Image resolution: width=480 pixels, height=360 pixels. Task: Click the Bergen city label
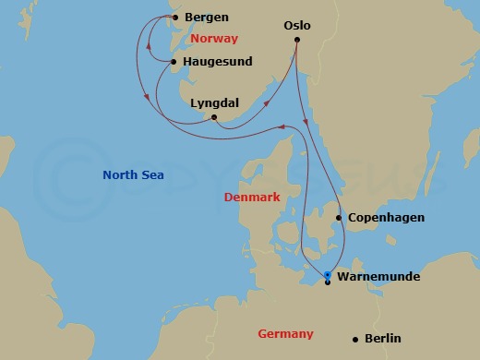point(207,18)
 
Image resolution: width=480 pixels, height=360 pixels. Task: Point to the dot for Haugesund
point(173,63)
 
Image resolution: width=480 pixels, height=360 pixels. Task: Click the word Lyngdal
point(214,104)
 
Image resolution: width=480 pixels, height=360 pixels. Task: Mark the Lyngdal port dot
point(214,117)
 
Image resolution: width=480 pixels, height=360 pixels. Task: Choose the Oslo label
point(296,27)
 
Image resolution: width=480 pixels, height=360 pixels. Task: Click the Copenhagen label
point(386,218)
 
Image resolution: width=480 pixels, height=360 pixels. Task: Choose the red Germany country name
point(285,333)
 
